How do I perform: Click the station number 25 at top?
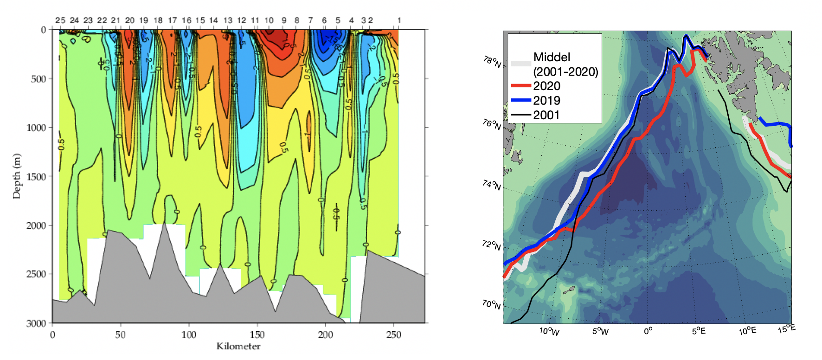pos(60,20)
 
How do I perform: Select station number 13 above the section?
pos(228,20)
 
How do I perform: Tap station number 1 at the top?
pos(399,20)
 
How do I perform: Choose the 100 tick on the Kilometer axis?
pos(189,335)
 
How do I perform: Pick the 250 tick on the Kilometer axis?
pos(394,335)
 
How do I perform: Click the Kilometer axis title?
pos(238,347)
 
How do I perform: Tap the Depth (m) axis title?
pos(17,176)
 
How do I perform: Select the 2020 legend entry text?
pos(546,86)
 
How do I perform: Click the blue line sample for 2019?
pos(520,100)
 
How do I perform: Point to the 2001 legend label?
pos(546,115)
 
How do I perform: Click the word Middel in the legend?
pos(552,57)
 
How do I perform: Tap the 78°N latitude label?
pos(492,62)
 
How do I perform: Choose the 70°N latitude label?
pos(491,304)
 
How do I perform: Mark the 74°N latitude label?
pos(491,185)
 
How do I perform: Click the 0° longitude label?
pos(648,331)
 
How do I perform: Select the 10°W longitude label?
pos(549,331)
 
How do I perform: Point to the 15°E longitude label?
pos(786,329)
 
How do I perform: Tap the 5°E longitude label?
pos(699,331)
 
